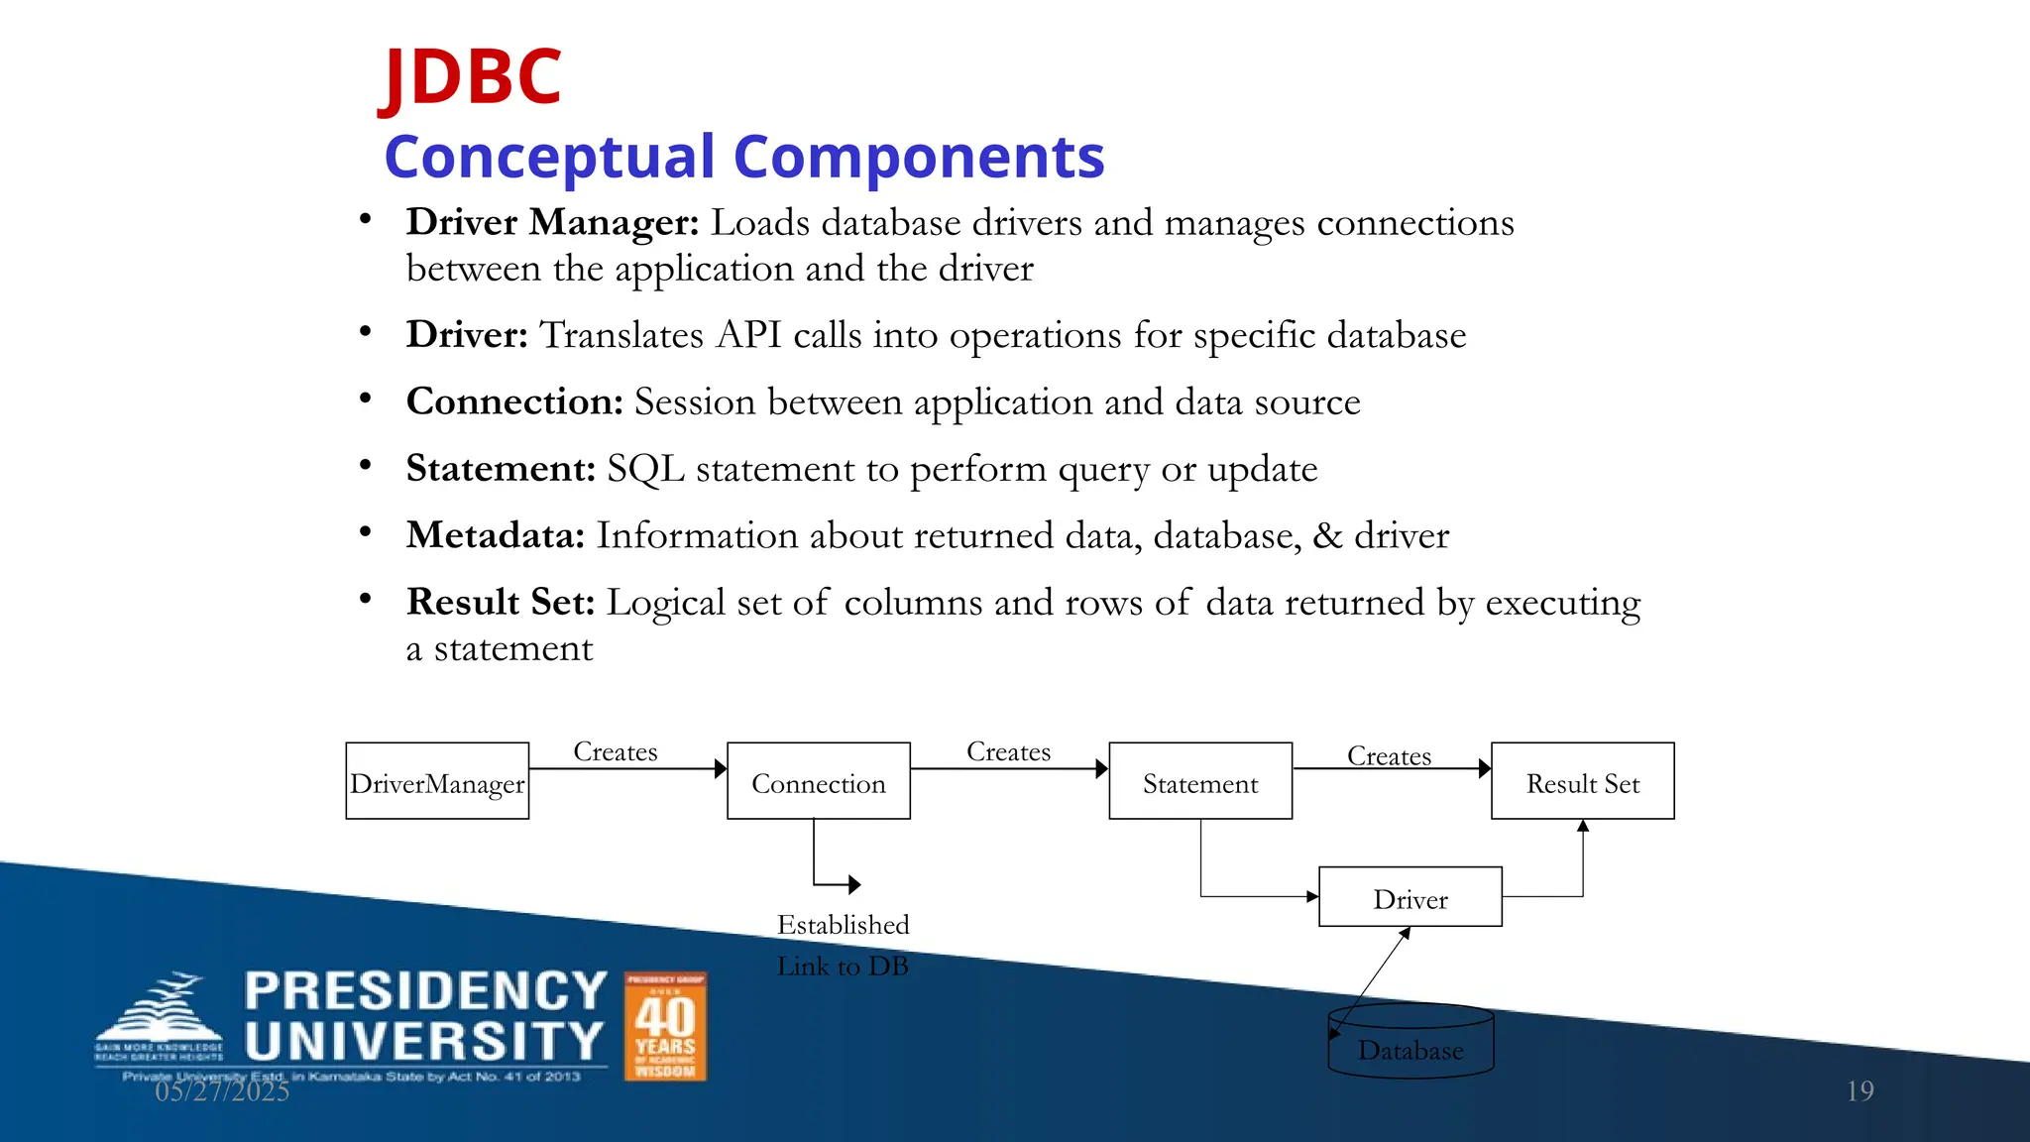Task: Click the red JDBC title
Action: point(472,77)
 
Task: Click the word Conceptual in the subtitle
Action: point(549,158)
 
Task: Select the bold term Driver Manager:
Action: point(553,222)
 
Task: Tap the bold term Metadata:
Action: point(496,535)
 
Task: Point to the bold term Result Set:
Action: point(501,602)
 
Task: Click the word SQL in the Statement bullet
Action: point(645,469)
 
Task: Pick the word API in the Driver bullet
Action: point(749,335)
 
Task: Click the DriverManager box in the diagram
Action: point(437,782)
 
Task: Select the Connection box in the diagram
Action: point(819,782)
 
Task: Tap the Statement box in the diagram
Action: point(1200,782)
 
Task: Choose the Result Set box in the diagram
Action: point(1583,782)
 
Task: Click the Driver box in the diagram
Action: point(1410,898)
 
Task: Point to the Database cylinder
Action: point(1410,1043)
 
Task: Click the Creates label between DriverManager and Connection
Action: point(616,751)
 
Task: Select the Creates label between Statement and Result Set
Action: point(1389,756)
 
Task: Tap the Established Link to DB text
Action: point(843,945)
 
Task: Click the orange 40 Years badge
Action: point(665,1026)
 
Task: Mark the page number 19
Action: point(1860,1091)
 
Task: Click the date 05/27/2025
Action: point(222,1091)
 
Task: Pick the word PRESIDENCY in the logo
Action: point(426,991)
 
